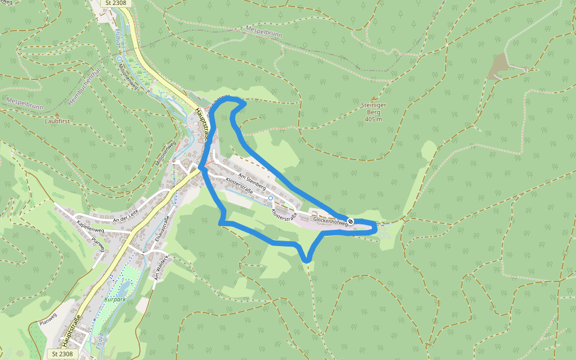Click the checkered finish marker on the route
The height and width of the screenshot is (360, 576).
(x=350, y=222)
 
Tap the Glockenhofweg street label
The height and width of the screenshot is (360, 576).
(x=330, y=221)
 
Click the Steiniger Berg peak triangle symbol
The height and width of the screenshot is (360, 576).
(x=374, y=98)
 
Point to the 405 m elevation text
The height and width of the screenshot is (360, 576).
(x=374, y=119)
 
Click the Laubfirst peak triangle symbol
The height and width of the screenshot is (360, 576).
(x=57, y=113)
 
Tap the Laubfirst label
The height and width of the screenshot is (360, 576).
(x=57, y=121)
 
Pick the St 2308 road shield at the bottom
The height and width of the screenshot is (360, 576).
(x=62, y=354)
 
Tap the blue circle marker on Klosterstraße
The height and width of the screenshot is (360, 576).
(x=271, y=197)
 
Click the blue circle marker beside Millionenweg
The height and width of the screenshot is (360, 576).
(x=120, y=59)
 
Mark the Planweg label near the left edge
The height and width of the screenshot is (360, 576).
(x=47, y=322)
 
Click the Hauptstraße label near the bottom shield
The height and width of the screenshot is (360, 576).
(x=71, y=330)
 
